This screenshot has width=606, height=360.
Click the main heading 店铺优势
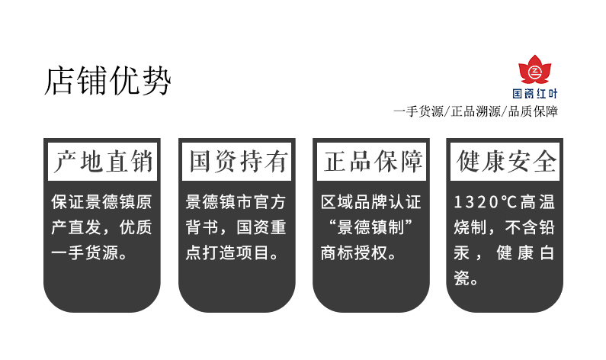pos(107,80)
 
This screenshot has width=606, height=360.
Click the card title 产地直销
pos(102,162)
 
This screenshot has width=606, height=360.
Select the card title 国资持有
pos(237,162)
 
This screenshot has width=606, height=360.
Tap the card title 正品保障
pos(372,162)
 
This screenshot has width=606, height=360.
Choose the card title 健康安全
pos(505,162)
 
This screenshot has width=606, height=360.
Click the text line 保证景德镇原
pos(101,202)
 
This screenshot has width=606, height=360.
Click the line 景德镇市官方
pos(236,202)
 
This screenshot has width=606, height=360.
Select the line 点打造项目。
pos(236,252)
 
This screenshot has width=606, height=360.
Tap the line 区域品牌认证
pos(371,202)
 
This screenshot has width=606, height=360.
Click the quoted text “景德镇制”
pos(371,227)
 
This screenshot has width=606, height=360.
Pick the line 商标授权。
pos(358,252)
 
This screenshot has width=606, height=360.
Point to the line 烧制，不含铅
pos(505,227)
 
